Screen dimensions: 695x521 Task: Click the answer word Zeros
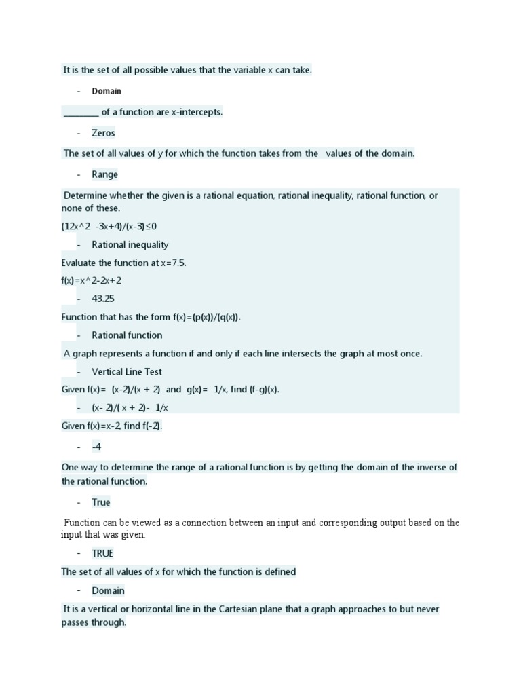(x=103, y=133)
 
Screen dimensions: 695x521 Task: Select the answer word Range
(x=104, y=174)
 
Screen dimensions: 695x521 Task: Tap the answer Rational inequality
(x=130, y=244)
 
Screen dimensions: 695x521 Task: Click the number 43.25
(x=104, y=298)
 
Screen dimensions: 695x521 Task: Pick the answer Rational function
(x=127, y=335)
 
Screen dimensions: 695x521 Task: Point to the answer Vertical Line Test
(x=126, y=371)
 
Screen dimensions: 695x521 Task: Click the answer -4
(x=96, y=447)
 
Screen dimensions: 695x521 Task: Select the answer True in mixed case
(x=101, y=502)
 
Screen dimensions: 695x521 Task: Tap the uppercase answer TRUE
(x=102, y=553)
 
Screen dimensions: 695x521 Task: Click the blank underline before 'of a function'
(x=81, y=113)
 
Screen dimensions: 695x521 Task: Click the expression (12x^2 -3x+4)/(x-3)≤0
(x=109, y=226)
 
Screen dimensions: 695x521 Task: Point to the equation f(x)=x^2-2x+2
(x=92, y=280)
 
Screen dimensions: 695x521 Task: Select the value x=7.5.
(x=170, y=263)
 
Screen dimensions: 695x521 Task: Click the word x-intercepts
(x=197, y=112)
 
